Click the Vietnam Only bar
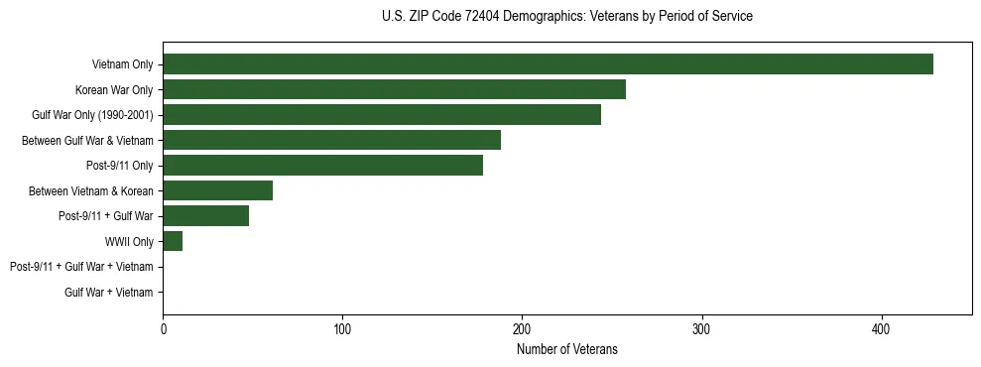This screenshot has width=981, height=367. [x=548, y=64]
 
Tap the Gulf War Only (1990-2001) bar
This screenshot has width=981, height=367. [x=382, y=115]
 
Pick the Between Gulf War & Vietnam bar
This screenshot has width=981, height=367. [x=331, y=140]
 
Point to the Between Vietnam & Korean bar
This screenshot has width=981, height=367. [x=217, y=190]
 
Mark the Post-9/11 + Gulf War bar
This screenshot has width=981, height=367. [x=205, y=216]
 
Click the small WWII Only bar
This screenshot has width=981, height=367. [x=173, y=241]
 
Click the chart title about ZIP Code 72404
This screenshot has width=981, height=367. [x=566, y=17]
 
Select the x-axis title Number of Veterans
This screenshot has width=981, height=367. [x=566, y=349]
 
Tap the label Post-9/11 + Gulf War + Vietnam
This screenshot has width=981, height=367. [x=81, y=267]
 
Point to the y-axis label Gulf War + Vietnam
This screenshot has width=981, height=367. [x=109, y=292]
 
